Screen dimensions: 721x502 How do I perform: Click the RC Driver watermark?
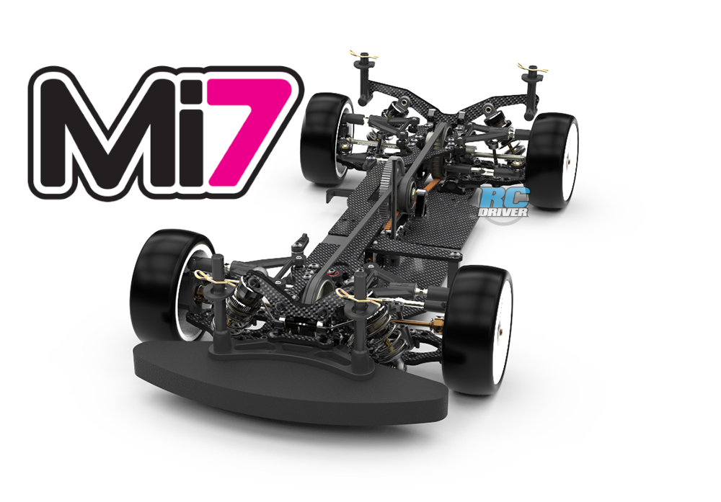(505, 202)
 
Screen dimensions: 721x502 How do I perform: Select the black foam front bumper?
(290, 381)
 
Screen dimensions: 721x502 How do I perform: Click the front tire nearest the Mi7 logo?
(163, 284)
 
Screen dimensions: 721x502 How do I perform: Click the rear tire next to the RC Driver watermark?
(552, 161)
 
